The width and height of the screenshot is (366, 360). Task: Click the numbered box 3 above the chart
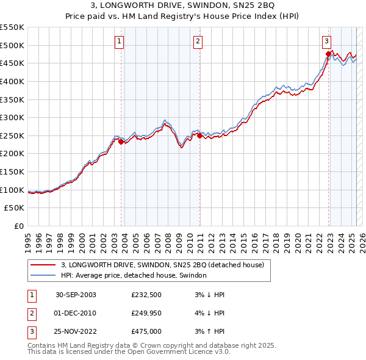[x=327, y=41]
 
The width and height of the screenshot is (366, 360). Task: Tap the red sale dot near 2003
[x=121, y=142]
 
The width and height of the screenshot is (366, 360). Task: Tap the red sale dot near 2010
[x=199, y=135]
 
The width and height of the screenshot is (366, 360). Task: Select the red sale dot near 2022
[x=328, y=54]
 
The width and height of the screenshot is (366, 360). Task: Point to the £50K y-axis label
[x=15, y=208]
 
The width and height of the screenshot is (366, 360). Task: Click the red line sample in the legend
[x=42, y=265]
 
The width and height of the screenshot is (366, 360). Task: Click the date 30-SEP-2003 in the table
[x=76, y=295]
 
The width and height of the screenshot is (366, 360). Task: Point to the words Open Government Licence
[x=185, y=352]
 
